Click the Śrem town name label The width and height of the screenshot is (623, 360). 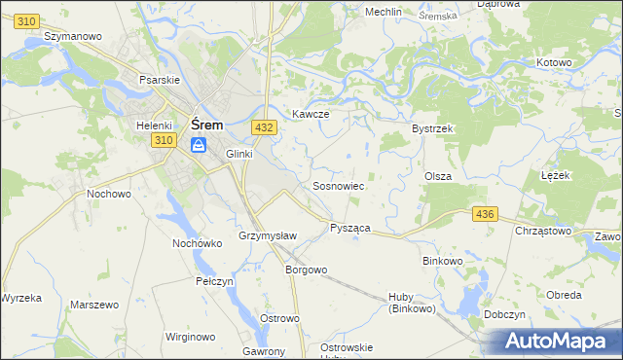[208, 125]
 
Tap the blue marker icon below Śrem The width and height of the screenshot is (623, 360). [199, 145]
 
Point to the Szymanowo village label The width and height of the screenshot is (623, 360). [74, 36]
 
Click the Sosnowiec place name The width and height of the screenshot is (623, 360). [338, 185]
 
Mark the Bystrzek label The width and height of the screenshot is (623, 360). [433, 128]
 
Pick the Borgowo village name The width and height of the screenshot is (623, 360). [305, 270]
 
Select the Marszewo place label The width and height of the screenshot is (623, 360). [94, 305]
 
